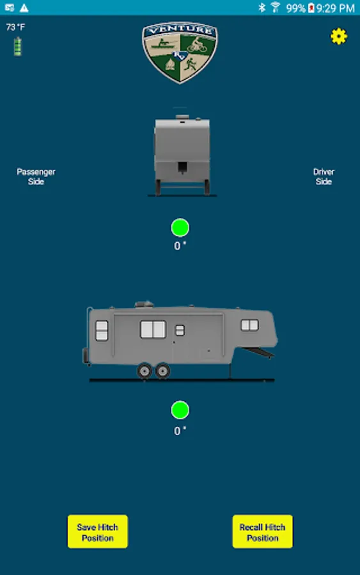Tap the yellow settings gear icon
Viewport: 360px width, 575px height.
tap(338, 36)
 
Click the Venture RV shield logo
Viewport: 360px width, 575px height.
tap(180, 52)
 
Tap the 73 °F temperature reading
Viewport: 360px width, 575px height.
tap(16, 27)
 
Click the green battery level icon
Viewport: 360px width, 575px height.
tap(17, 47)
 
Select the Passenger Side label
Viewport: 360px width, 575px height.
tap(36, 176)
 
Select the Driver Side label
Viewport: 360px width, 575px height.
tap(324, 176)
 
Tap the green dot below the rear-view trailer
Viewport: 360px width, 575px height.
tap(180, 227)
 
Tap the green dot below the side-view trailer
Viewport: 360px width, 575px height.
tap(180, 410)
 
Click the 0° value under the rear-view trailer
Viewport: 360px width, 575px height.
tap(180, 246)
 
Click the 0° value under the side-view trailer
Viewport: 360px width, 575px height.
tap(180, 431)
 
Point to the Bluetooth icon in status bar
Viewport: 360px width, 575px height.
tap(262, 7)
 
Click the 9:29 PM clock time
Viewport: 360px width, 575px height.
tap(336, 8)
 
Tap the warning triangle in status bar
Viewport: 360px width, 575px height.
tap(24, 8)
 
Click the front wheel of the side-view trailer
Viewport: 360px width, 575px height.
tap(162, 371)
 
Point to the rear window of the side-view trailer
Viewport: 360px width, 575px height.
tap(102, 330)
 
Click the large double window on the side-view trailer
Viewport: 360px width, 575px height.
tap(153, 329)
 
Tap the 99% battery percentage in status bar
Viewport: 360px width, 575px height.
tap(295, 8)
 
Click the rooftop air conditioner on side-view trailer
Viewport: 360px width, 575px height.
tap(145, 304)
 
